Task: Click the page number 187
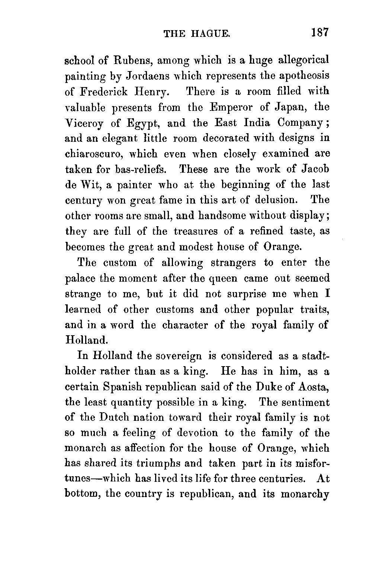(x=320, y=32)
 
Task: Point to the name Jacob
(x=314, y=169)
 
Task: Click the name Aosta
(x=314, y=387)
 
